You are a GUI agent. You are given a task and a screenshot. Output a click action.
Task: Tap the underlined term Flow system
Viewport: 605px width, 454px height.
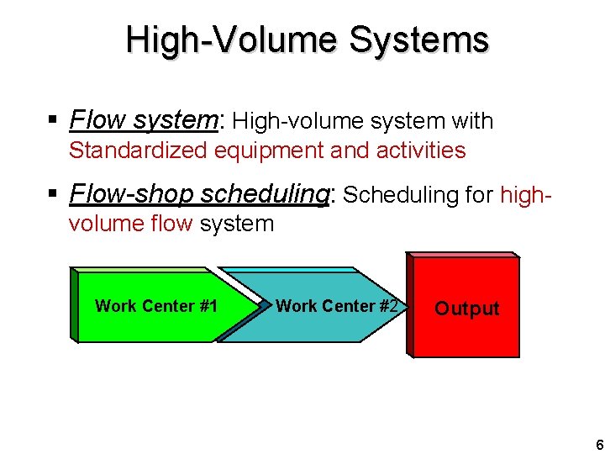click(144, 120)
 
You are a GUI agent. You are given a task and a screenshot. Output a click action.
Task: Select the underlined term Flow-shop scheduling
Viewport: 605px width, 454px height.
click(201, 194)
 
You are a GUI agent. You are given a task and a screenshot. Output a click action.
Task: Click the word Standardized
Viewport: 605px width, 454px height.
click(139, 150)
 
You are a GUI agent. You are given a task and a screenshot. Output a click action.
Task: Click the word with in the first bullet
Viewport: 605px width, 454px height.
click(471, 121)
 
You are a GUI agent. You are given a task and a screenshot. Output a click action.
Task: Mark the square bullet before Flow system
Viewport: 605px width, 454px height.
click(53, 121)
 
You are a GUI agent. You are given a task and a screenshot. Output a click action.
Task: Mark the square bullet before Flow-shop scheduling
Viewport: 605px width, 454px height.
click(53, 195)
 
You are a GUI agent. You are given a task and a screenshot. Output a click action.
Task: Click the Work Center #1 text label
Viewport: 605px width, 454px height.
click(156, 306)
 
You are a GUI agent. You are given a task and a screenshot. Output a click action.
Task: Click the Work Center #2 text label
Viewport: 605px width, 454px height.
click(336, 306)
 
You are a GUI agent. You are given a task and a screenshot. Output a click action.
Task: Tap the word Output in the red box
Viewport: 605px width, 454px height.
click(466, 309)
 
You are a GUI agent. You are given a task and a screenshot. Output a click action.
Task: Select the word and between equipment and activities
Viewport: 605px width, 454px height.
click(348, 150)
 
